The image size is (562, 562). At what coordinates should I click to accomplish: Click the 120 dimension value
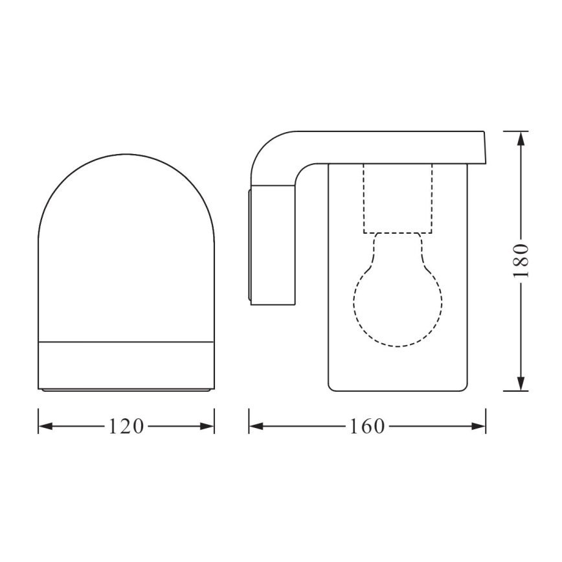coord(126,426)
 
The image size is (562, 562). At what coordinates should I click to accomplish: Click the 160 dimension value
coord(367,426)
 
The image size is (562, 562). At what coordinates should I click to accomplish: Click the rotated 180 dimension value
coord(522,261)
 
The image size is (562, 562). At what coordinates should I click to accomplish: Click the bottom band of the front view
coord(126,364)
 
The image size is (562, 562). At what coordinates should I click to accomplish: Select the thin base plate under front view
coord(126,390)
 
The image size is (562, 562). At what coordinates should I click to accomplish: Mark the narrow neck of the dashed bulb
coord(398,249)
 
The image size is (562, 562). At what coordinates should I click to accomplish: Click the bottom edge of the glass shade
coord(398,390)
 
